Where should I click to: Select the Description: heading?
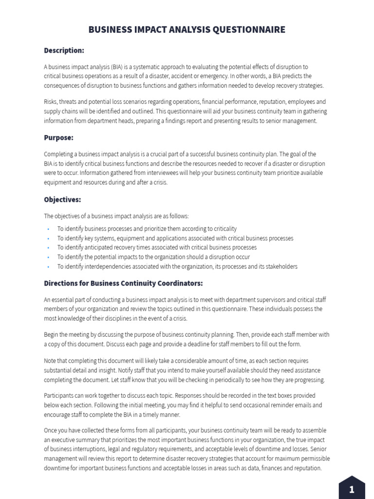[x=64, y=50]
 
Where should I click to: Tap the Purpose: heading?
[x=58, y=138]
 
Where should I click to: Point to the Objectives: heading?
[x=62, y=200]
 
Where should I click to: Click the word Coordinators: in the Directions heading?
[x=179, y=283]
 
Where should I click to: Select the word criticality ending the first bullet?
[x=223, y=229]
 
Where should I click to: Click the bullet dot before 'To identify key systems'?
[x=48, y=238]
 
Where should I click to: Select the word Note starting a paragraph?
[x=51, y=361]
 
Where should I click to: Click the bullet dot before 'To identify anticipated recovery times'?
[x=48, y=248]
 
